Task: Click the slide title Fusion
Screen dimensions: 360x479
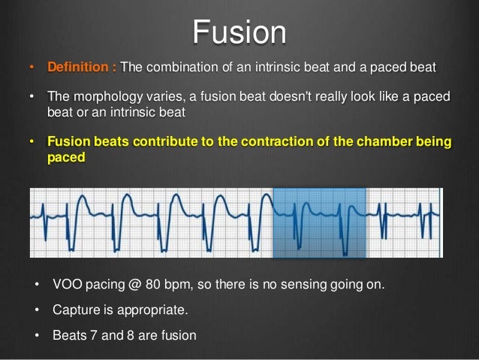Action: click(239, 32)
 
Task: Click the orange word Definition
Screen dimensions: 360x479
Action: click(78, 68)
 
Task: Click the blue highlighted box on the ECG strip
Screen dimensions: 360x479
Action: click(318, 222)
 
